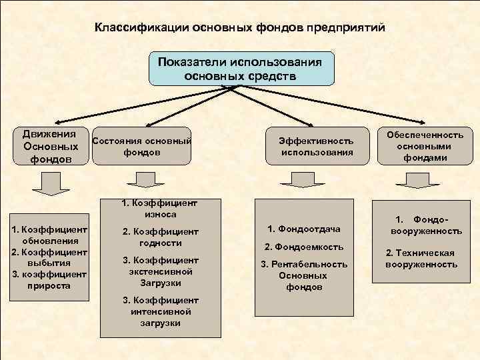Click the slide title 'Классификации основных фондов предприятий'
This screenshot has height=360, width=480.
point(239,29)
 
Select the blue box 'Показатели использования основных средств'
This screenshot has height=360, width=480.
point(241,68)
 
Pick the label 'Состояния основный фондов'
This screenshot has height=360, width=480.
point(141,147)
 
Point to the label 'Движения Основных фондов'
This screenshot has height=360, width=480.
point(49,146)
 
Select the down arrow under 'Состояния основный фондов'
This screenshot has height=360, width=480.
point(141,179)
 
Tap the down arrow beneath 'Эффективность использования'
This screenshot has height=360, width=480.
point(293,180)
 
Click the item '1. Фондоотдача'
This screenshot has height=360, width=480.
point(303,229)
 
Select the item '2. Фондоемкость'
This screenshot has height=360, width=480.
point(303,246)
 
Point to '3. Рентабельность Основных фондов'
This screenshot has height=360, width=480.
point(304,275)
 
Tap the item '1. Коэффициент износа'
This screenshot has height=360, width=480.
point(159,209)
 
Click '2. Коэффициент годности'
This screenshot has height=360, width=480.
point(160,237)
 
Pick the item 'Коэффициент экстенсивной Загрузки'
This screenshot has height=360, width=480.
point(160,271)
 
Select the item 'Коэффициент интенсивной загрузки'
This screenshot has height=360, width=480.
point(160,311)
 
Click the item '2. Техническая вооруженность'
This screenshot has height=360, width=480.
point(421,259)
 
